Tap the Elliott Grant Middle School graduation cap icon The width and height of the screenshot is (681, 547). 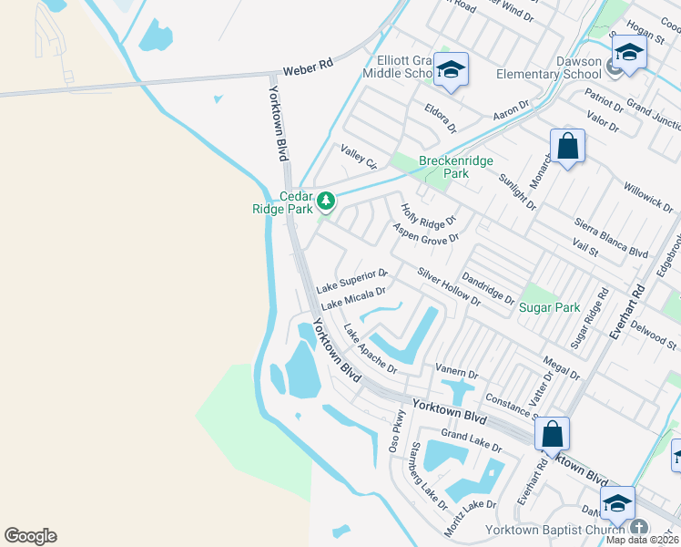(x=450, y=70)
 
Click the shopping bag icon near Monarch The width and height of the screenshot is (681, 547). (x=567, y=146)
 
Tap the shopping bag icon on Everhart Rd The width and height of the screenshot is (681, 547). (x=552, y=434)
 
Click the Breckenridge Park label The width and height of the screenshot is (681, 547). (x=456, y=167)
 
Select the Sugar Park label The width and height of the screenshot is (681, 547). (x=549, y=307)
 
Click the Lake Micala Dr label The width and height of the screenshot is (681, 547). (x=353, y=297)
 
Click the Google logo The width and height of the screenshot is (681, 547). (x=30, y=536)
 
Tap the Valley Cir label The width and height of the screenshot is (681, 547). (x=359, y=157)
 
